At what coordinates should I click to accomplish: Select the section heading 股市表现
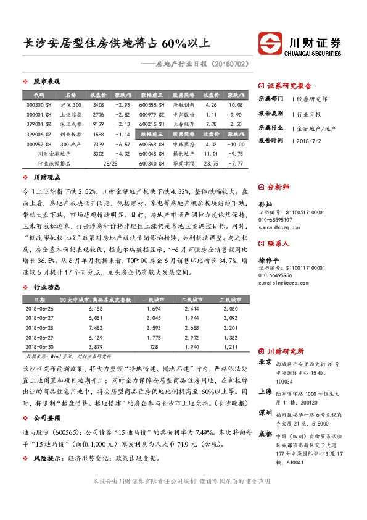coord(47,82)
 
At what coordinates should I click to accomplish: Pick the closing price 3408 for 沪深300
coord(97,106)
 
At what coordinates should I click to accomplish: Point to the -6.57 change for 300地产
coord(122,143)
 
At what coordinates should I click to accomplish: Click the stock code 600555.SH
coord(152,106)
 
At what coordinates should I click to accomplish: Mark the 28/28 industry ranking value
coord(110,163)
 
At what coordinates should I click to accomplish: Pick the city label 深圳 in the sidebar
coord(265,412)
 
